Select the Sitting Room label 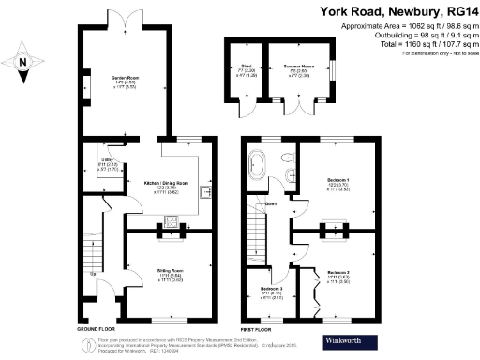pos(171,273)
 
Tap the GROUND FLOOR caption pos(97,330)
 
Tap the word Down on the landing pos(270,203)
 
